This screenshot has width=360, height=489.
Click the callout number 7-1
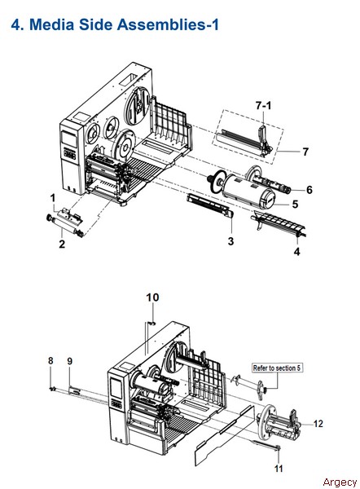[x=263, y=106]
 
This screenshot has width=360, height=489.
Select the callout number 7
[x=305, y=152]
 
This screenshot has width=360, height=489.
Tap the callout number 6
[x=309, y=190]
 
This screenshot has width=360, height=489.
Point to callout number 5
[x=295, y=205]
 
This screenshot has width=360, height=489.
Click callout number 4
[x=296, y=251]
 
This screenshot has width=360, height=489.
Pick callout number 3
[x=230, y=241]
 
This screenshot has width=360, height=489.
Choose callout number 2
[x=62, y=244]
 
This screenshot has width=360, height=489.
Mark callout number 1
[x=53, y=198]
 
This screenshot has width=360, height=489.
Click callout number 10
[x=152, y=297]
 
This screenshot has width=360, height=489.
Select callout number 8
[x=50, y=361]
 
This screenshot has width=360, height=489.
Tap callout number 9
[x=70, y=361]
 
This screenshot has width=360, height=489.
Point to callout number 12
[x=318, y=424]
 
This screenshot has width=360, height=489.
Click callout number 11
[x=279, y=469]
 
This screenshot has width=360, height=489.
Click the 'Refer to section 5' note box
[x=277, y=368]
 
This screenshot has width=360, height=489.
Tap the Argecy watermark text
[x=340, y=482]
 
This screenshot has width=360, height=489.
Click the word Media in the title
[x=52, y=24]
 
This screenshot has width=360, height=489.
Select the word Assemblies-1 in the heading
[x=168, y=24]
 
